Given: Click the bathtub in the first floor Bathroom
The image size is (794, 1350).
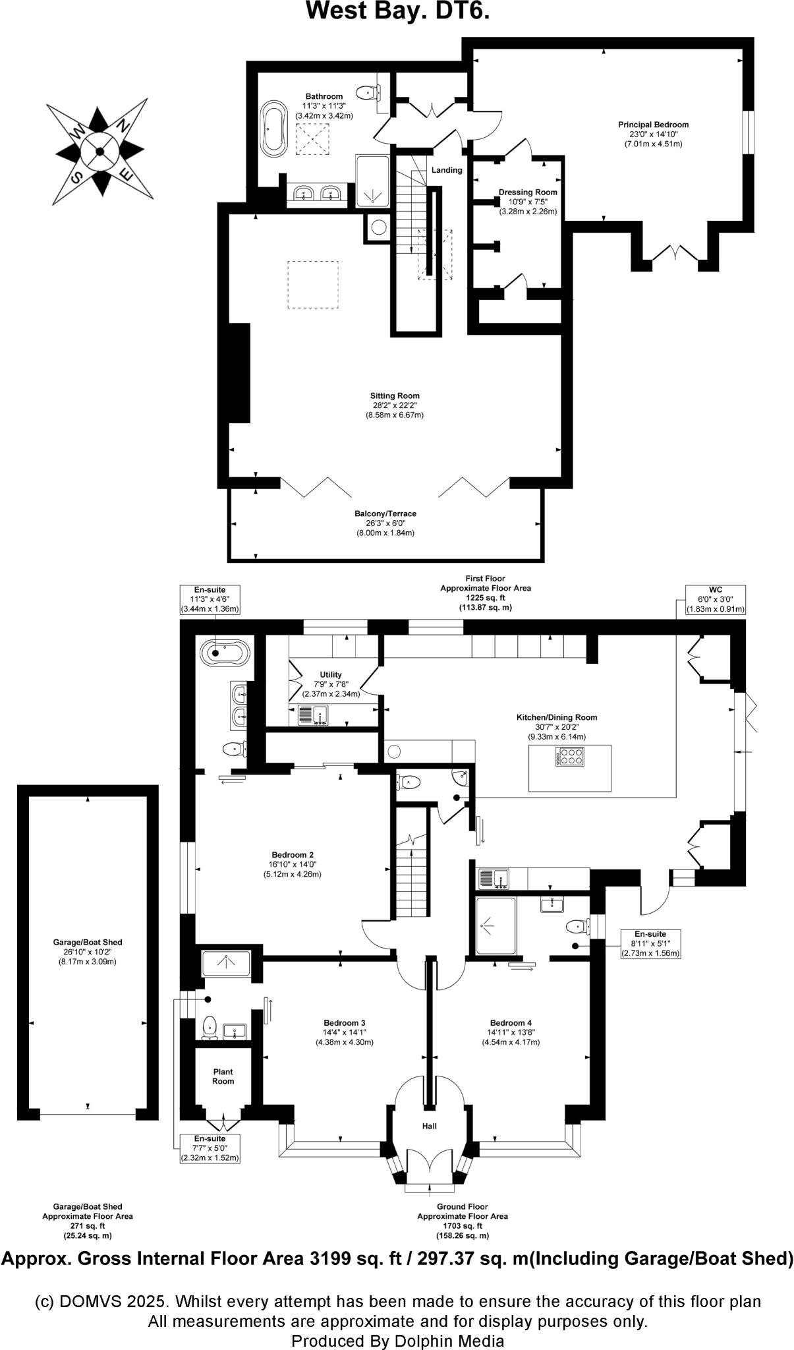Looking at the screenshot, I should tap(273, 129).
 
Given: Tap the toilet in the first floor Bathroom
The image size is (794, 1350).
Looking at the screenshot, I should tap(366, 93).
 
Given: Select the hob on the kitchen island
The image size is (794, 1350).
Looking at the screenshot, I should tap(570, 756).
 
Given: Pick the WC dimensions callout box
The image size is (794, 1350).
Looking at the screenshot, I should tap(715, 599).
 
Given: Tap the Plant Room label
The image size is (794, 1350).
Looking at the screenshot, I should tap(223, 1076).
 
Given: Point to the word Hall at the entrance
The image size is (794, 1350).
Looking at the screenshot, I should tap(430, 1126).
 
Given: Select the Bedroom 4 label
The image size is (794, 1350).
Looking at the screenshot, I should tap(511, 1023).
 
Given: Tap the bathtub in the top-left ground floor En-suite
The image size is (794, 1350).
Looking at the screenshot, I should tap(225, 653).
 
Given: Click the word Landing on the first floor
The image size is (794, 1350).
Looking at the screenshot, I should tap(447, 170).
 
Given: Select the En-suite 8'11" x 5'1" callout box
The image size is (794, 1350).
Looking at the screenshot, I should tap(650, 944).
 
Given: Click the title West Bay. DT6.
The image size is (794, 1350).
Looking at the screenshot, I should tap(397, 11).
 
